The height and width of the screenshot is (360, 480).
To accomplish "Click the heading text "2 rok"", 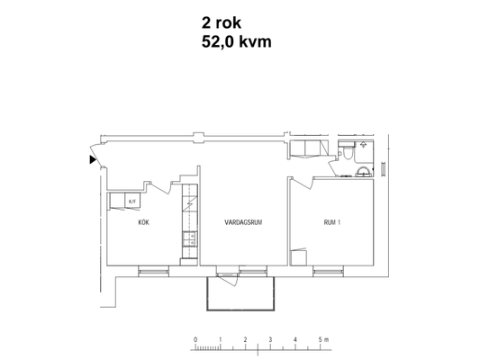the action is (222, 22).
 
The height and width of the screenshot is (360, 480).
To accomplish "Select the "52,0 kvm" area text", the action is (236, 41).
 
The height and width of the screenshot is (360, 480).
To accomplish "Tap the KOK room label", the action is (143, 222).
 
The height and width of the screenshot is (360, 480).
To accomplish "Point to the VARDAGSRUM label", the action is (243, 222).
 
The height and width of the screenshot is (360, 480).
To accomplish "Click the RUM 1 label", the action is (331, 222).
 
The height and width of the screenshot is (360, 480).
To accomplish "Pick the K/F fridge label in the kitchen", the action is (132, 202).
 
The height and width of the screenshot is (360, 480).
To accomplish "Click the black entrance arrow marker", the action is (93, 159).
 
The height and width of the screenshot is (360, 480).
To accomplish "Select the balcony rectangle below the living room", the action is (240, 293).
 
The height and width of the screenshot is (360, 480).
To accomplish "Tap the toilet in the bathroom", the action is (347, 152).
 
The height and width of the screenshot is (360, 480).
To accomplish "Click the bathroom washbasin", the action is (364, 172).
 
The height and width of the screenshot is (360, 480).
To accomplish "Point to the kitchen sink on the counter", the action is (190, 239).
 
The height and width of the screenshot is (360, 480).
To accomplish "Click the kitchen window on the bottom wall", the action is (153, 271).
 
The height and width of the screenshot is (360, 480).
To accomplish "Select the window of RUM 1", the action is (328, 271).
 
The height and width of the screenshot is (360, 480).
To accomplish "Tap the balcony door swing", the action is (228, 279).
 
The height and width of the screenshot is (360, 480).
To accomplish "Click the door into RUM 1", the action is (302, 183).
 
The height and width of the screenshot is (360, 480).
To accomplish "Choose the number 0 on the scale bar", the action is (195, 339).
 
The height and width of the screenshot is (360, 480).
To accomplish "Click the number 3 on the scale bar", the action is (270, 339).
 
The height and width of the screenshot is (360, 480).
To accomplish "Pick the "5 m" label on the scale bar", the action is (323, 339).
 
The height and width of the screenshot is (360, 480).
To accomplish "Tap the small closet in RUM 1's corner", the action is (298, 257).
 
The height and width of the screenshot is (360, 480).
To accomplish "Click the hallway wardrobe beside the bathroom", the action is (309, 149).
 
